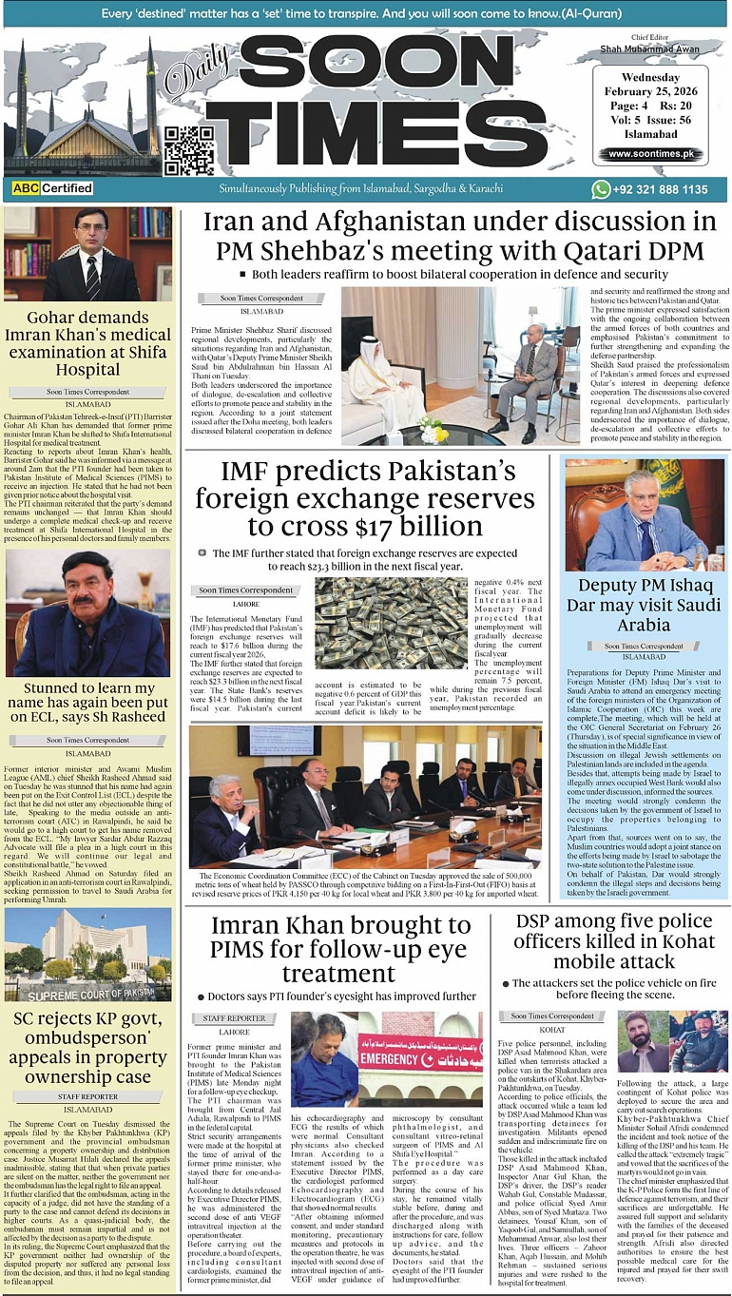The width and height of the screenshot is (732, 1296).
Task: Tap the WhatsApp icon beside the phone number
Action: [x=601, y=189]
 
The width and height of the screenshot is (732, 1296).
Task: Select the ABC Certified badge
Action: [x=52, y=189]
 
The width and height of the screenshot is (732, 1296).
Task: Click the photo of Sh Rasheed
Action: [x=87, y=614]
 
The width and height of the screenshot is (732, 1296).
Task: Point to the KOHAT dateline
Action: [x=551, y=1029]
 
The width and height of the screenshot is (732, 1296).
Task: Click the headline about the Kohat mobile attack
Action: [x=607, y=942]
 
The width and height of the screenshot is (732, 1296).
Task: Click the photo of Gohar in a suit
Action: [x=87, y=255]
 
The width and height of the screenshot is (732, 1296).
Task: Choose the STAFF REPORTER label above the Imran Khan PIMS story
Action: [x=234, y=1018]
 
